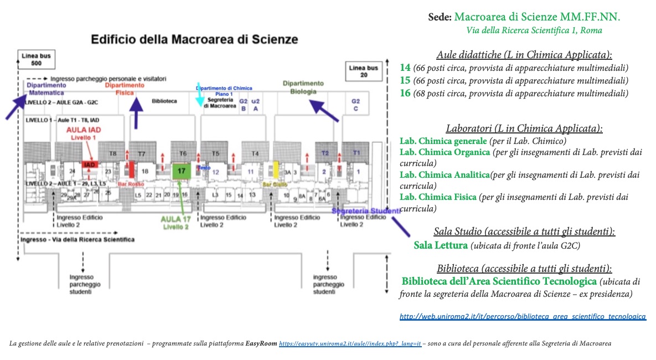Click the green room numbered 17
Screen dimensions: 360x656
181,171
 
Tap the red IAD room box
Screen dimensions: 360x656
89,165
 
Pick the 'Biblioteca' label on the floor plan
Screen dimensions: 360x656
164,101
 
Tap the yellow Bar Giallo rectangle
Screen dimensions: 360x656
275,169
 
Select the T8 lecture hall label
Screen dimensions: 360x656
113,153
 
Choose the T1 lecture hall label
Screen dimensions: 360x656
357,152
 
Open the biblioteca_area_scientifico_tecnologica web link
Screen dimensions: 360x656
523,316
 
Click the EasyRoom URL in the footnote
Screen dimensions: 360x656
350,344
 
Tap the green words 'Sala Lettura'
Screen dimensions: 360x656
441,245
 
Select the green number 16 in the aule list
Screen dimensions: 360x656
405,93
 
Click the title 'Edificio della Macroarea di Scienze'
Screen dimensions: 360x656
194,39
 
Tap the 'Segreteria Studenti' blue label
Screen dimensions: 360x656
365,211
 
